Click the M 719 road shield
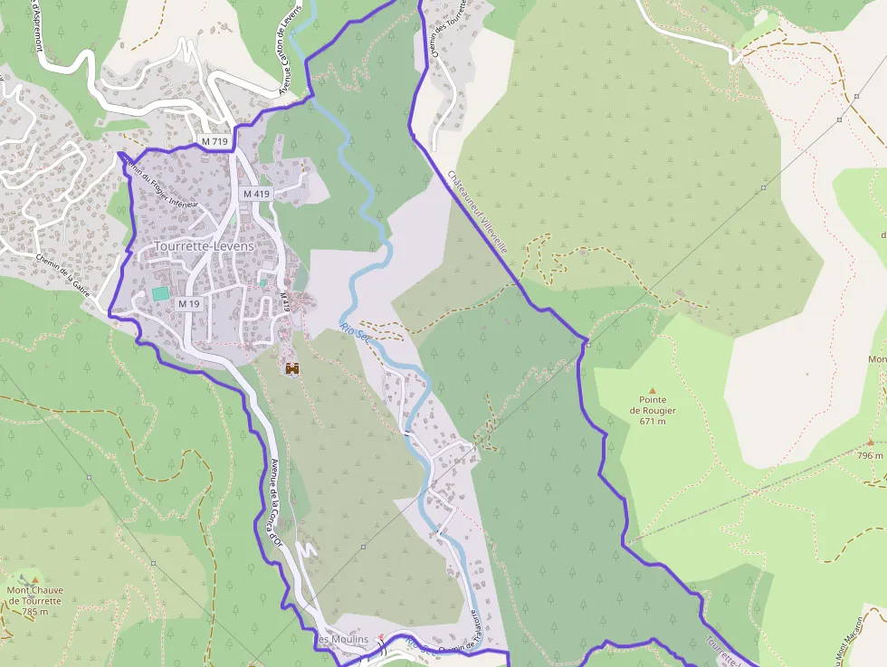pyautogui.click(x=215, y=142)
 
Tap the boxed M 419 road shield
pyautogui.click(x=255, y=194)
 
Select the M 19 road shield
pyautogui.click(x=188, y=304)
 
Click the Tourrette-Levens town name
pyautogui.click(x=204, y=246)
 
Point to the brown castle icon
pyautogui.click(x=292, y=368)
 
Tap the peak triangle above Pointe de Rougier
pyautogui.click(x=652, y=391)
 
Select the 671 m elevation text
pyautogui.click(x=653, y=421)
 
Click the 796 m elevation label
pyautogui.click(x=871, y=455)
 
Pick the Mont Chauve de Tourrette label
pyautogui.click(x=34, y=596)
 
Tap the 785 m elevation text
pyautogui.click(x=34, y=612)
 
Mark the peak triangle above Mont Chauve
pyautogui.click(x=35, y=579)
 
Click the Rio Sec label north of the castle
pyautogui.click(x=357, y=333)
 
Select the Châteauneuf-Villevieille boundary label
pyautogui.click(x=477, y=211)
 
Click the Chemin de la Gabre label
pyautogui.click(x=67, y=273)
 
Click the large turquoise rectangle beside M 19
pyautogui.click(x=160, y=293)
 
